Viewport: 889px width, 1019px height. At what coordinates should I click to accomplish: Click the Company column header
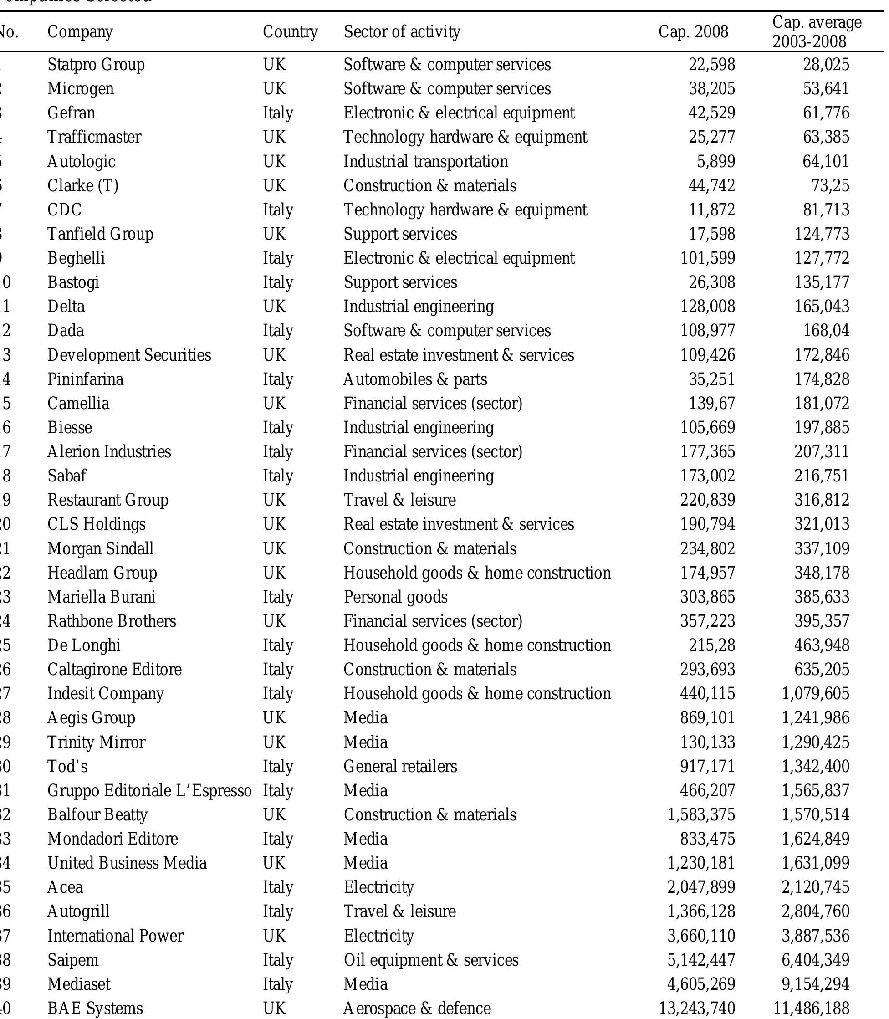80,32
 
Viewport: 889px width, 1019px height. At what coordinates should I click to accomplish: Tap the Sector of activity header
402,32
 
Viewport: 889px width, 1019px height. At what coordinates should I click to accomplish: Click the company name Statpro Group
96,65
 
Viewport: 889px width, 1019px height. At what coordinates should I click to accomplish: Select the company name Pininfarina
85,379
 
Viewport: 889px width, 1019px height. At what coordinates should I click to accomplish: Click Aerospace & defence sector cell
417,1008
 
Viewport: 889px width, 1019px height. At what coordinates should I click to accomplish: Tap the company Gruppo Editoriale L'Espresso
149,790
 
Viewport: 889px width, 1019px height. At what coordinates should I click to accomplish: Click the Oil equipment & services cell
431,959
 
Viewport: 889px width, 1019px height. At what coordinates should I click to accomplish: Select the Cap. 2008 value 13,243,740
696,1008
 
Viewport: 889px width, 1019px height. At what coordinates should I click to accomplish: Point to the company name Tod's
67,766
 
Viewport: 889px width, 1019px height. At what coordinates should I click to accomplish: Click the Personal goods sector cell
395,596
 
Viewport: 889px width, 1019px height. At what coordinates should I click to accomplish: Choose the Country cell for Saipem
278,959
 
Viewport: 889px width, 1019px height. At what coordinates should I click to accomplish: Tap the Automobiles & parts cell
415,379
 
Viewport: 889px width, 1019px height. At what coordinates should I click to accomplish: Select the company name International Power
115,936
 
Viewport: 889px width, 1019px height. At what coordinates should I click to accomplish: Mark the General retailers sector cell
400,766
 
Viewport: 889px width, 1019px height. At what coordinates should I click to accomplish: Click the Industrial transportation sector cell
426,161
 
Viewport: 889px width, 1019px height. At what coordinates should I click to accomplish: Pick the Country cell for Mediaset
278,984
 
